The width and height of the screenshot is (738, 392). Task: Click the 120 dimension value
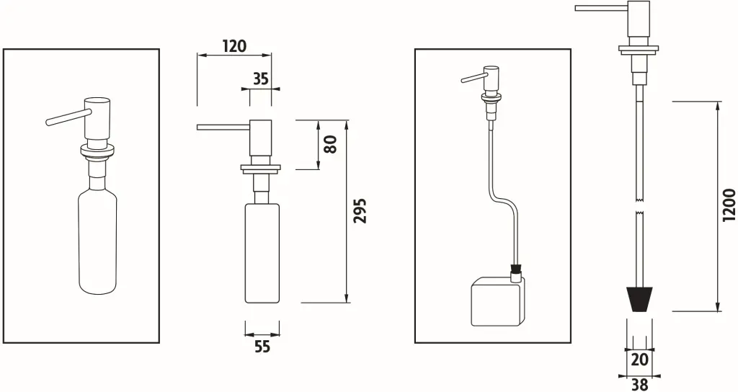(234, 46)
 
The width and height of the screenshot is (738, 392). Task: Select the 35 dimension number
(260, 79)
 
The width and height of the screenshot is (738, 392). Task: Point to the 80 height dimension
(331, 144)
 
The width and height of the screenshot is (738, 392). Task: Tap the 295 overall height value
(360, 210)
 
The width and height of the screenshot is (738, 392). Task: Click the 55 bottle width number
(262, 347)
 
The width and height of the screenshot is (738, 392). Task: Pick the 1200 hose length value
(729, 207)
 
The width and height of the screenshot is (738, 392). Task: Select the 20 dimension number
(639, 360)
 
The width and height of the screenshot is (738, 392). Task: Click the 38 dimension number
(639, 384)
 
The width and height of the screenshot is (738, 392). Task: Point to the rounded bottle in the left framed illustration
(97, 241)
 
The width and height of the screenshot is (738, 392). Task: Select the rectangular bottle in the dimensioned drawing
(262, 252)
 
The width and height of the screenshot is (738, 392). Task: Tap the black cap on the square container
(515, 274)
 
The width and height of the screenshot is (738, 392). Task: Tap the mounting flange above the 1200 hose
(639, 51)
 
